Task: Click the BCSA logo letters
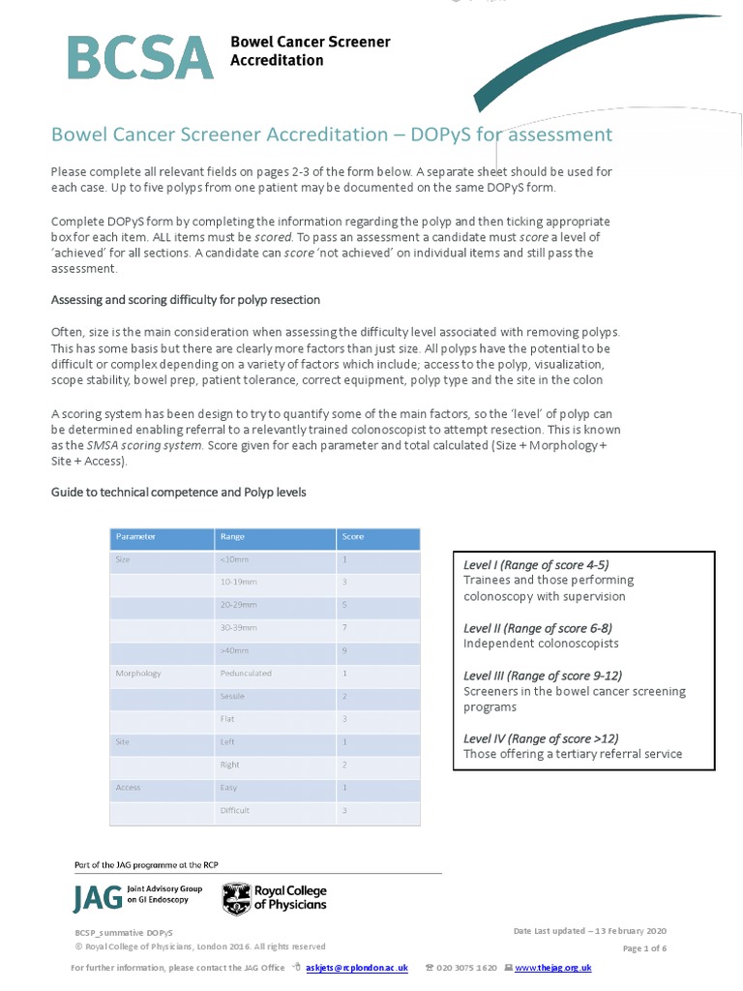(140, 57)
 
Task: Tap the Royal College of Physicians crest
(236, 899)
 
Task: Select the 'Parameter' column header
(135, 536)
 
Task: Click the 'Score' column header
(351, 536)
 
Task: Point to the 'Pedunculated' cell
(246, 674)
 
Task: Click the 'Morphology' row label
(138, 674)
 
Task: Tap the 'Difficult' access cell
(235, 811)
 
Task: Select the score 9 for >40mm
(344, 651)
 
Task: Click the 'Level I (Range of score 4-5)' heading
(536, 565)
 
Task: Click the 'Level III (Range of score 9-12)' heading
(542, 676)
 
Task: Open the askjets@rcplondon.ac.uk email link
(357, 968)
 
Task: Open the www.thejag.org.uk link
(552, 968)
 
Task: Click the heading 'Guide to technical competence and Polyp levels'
(178, 493)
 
